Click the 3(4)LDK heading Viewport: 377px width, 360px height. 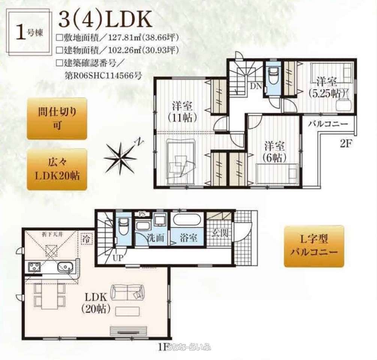pos(105,20)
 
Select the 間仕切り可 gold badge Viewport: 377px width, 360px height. pos(57,118)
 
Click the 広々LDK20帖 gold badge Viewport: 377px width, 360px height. pos(57,169)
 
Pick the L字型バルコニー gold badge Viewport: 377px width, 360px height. pos(314,246)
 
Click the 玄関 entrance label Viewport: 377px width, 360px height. pos(218,233)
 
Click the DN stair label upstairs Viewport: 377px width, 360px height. pos(256,86)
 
